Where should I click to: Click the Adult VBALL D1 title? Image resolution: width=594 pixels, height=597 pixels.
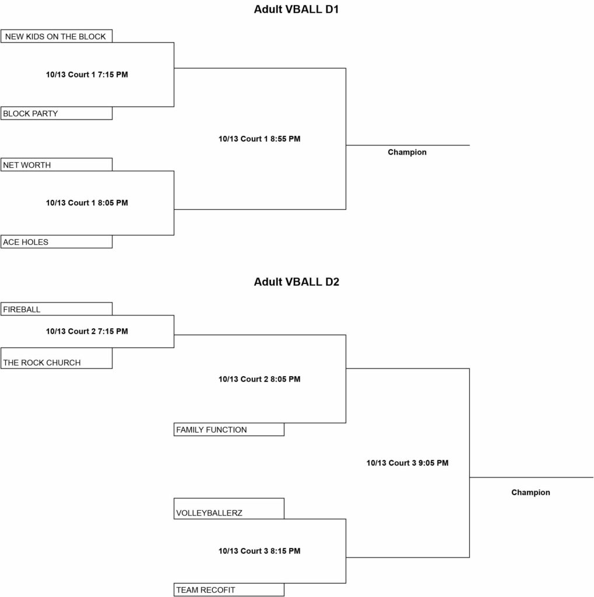(296, 9)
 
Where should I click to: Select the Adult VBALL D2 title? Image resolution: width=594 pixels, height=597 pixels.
(296, 282)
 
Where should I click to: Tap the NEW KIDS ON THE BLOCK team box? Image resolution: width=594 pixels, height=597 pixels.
(57, 36)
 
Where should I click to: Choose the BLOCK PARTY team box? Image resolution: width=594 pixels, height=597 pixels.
(57, 113)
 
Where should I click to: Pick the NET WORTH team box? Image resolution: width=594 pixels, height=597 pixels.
(57, 164)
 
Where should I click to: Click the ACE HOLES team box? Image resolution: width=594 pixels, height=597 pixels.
(57, 242)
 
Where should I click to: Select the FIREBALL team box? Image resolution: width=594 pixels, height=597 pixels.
(57, 309)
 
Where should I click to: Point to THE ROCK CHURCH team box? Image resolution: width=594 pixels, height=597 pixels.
(57, 359)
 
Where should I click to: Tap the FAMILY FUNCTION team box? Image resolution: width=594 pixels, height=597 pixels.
(229, 430)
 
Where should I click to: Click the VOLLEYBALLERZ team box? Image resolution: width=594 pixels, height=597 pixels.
(229, 508)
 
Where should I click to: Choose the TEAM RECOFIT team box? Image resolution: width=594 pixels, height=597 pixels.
(229, 590)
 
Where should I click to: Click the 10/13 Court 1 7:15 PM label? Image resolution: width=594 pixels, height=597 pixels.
(87, 75)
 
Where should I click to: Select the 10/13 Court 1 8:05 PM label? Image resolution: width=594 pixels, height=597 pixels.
(87, 203)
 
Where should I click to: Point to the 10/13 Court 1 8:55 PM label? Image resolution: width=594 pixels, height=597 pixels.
(259, 139)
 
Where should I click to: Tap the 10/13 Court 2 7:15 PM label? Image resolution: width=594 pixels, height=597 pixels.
(87, 331)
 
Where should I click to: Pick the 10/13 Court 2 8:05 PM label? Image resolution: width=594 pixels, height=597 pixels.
(259, 379)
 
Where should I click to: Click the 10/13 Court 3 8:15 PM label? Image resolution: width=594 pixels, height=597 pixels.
(259, 551)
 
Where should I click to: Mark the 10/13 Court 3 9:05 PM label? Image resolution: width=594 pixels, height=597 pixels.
(407, 463)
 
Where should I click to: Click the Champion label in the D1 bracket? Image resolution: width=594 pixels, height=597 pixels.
(407, 152)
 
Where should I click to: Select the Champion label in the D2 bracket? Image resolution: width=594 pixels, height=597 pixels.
(530, 493)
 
